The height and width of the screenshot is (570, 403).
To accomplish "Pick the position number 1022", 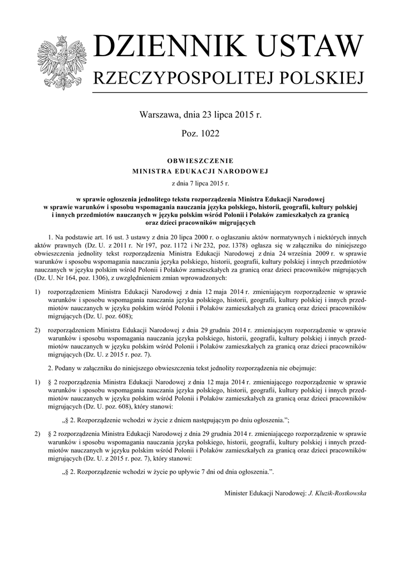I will [208, 134].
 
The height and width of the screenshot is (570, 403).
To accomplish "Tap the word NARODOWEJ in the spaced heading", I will [244, 171].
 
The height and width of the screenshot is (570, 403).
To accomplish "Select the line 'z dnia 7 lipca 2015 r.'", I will [200, 182].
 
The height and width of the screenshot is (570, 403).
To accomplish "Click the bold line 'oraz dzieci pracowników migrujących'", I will [200, 222].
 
